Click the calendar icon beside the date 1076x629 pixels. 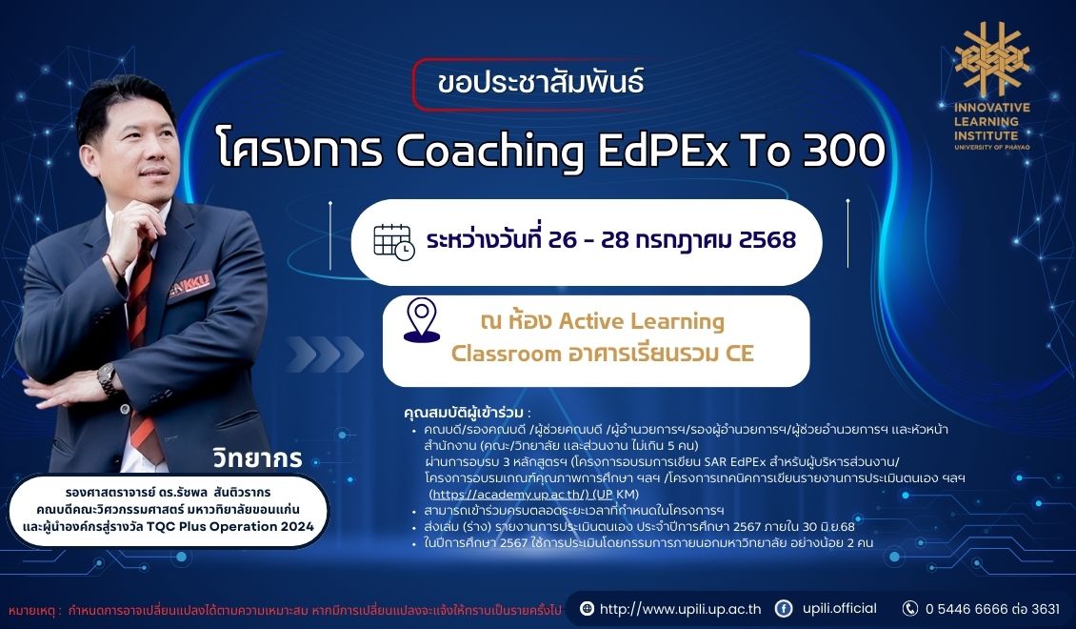(x=394, y=242)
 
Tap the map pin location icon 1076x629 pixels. (x=421, y=320)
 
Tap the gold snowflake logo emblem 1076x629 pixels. (x=991, y=59)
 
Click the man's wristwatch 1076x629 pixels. (x=107, y=378)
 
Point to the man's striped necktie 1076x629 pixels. (x=141, y=343)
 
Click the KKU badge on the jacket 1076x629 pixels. (x=191, y=284)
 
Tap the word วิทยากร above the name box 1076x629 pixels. (x=257, y=458)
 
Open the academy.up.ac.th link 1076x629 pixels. (x=508, y=495)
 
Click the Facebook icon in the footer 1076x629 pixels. (x=784, y=608)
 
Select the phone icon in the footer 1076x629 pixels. (x=910, y=608)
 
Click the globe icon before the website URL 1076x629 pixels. (x=587, y=608)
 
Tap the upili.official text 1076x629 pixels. (x=839, y=608)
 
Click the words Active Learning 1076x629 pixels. (x=642, y=321)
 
